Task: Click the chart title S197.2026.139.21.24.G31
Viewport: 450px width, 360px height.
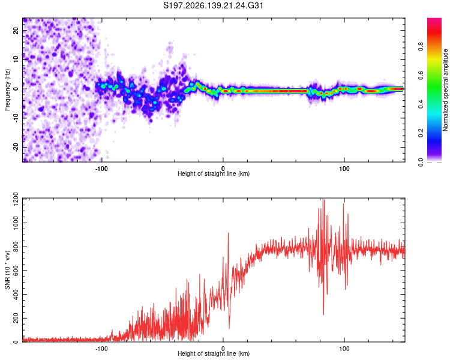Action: tap(213, 5)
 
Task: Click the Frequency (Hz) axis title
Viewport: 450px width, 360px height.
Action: tap(7, 90)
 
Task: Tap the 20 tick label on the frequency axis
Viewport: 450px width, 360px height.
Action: tap(16, 30)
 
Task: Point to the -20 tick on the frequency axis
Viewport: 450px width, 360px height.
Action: tap(16, 148)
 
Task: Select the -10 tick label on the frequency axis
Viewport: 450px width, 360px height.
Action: tap(16, 118)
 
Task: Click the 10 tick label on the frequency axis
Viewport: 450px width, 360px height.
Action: tap(16, 59)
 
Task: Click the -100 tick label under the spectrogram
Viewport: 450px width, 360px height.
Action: tap(101, 169)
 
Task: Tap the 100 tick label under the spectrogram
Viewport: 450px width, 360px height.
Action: tap(344, 169)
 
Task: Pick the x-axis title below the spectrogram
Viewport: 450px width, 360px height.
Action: tap(214, 173)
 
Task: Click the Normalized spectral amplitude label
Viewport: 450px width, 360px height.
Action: tap(445, 90)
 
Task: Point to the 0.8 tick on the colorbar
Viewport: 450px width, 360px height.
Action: tap(421, 46)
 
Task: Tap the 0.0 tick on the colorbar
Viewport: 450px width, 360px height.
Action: tap(421, 162)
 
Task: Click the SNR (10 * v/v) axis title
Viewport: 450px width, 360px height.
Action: tap(7, 270)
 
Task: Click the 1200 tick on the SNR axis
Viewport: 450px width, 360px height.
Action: tap(16, 199)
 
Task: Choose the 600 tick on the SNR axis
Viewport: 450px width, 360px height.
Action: tap(16, 271)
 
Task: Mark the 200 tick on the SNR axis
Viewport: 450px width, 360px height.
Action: tap(16, 318)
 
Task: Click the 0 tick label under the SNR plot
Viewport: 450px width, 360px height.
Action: tap(223, 349)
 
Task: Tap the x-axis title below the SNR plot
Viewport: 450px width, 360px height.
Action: tap(214, 353)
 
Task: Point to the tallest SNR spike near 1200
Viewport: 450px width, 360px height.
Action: tap(323, 199)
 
